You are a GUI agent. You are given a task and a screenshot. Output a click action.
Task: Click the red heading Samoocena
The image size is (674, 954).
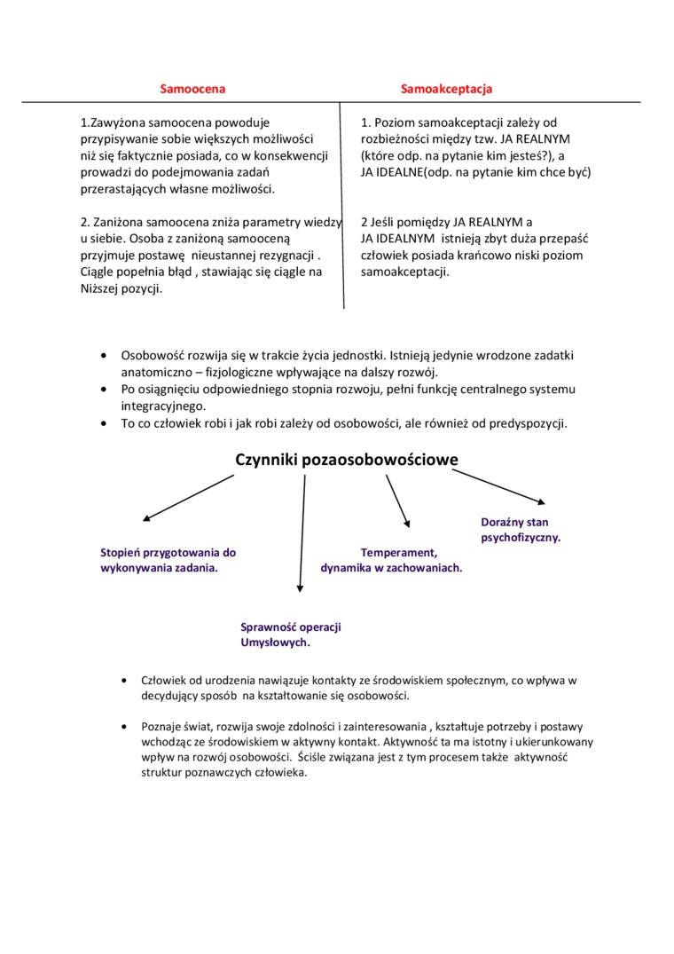click(192, 89)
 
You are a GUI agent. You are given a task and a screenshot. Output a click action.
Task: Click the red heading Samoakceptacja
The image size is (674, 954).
click(446, 89)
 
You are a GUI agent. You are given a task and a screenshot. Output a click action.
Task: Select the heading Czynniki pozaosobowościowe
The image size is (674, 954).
click(347, 459)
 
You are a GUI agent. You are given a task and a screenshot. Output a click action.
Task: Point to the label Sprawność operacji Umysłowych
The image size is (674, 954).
click(291, 635)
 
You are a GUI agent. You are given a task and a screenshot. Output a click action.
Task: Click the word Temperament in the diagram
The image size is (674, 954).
click(399, 552)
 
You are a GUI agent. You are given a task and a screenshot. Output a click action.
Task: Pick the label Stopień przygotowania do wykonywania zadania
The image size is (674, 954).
click(168, 559)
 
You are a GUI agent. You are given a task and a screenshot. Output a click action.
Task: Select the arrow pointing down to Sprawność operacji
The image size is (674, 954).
click(302, 532)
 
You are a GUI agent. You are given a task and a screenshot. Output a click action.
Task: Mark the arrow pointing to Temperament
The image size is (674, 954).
click(397, 501)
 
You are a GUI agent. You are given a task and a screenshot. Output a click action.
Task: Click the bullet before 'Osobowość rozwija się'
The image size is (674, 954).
click(104, 355)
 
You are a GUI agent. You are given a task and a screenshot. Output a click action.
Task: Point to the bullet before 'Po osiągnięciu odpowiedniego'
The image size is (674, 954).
click(104, 389)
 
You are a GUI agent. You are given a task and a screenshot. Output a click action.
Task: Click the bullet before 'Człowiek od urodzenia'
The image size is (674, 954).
click(124, 680)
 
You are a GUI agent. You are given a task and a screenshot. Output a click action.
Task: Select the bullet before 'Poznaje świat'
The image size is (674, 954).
click(124, 725)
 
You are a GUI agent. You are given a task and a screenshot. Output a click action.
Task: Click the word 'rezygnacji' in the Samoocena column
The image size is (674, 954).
click(283, 256)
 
